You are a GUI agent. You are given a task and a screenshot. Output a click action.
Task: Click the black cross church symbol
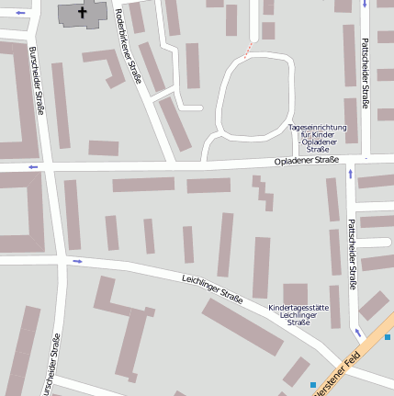tap(82, 13)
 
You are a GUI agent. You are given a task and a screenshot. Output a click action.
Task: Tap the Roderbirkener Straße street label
tap(128, 45)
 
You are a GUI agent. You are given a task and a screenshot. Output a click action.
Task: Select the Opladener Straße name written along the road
tap(308, 161)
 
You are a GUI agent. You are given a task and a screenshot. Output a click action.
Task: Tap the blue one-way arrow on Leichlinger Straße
tap(77, 261)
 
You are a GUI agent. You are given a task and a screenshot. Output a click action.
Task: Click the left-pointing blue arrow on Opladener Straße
tap(34, 166)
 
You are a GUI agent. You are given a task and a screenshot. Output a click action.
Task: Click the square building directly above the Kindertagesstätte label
tap(295, 293)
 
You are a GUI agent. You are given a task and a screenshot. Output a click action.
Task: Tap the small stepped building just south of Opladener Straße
tap(265, 192)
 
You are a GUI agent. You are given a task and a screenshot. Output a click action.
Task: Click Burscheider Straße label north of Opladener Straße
tap(37, 82)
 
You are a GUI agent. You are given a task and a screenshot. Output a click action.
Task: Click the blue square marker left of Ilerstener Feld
tap(313, 383)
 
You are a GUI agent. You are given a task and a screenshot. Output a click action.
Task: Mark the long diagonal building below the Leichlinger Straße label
tap(242, 326)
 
